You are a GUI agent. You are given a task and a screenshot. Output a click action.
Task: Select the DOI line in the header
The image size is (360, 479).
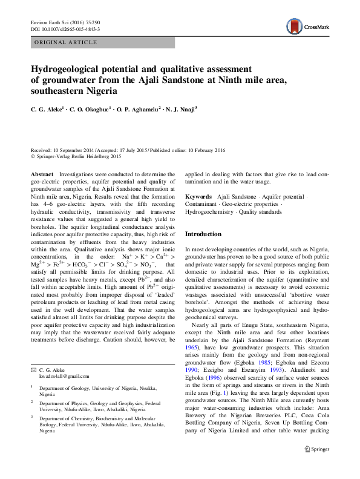[65, 29]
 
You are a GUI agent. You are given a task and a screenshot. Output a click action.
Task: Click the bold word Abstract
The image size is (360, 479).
[42, 174]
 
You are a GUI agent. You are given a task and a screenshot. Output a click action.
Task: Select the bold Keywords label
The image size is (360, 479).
[198, 197]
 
